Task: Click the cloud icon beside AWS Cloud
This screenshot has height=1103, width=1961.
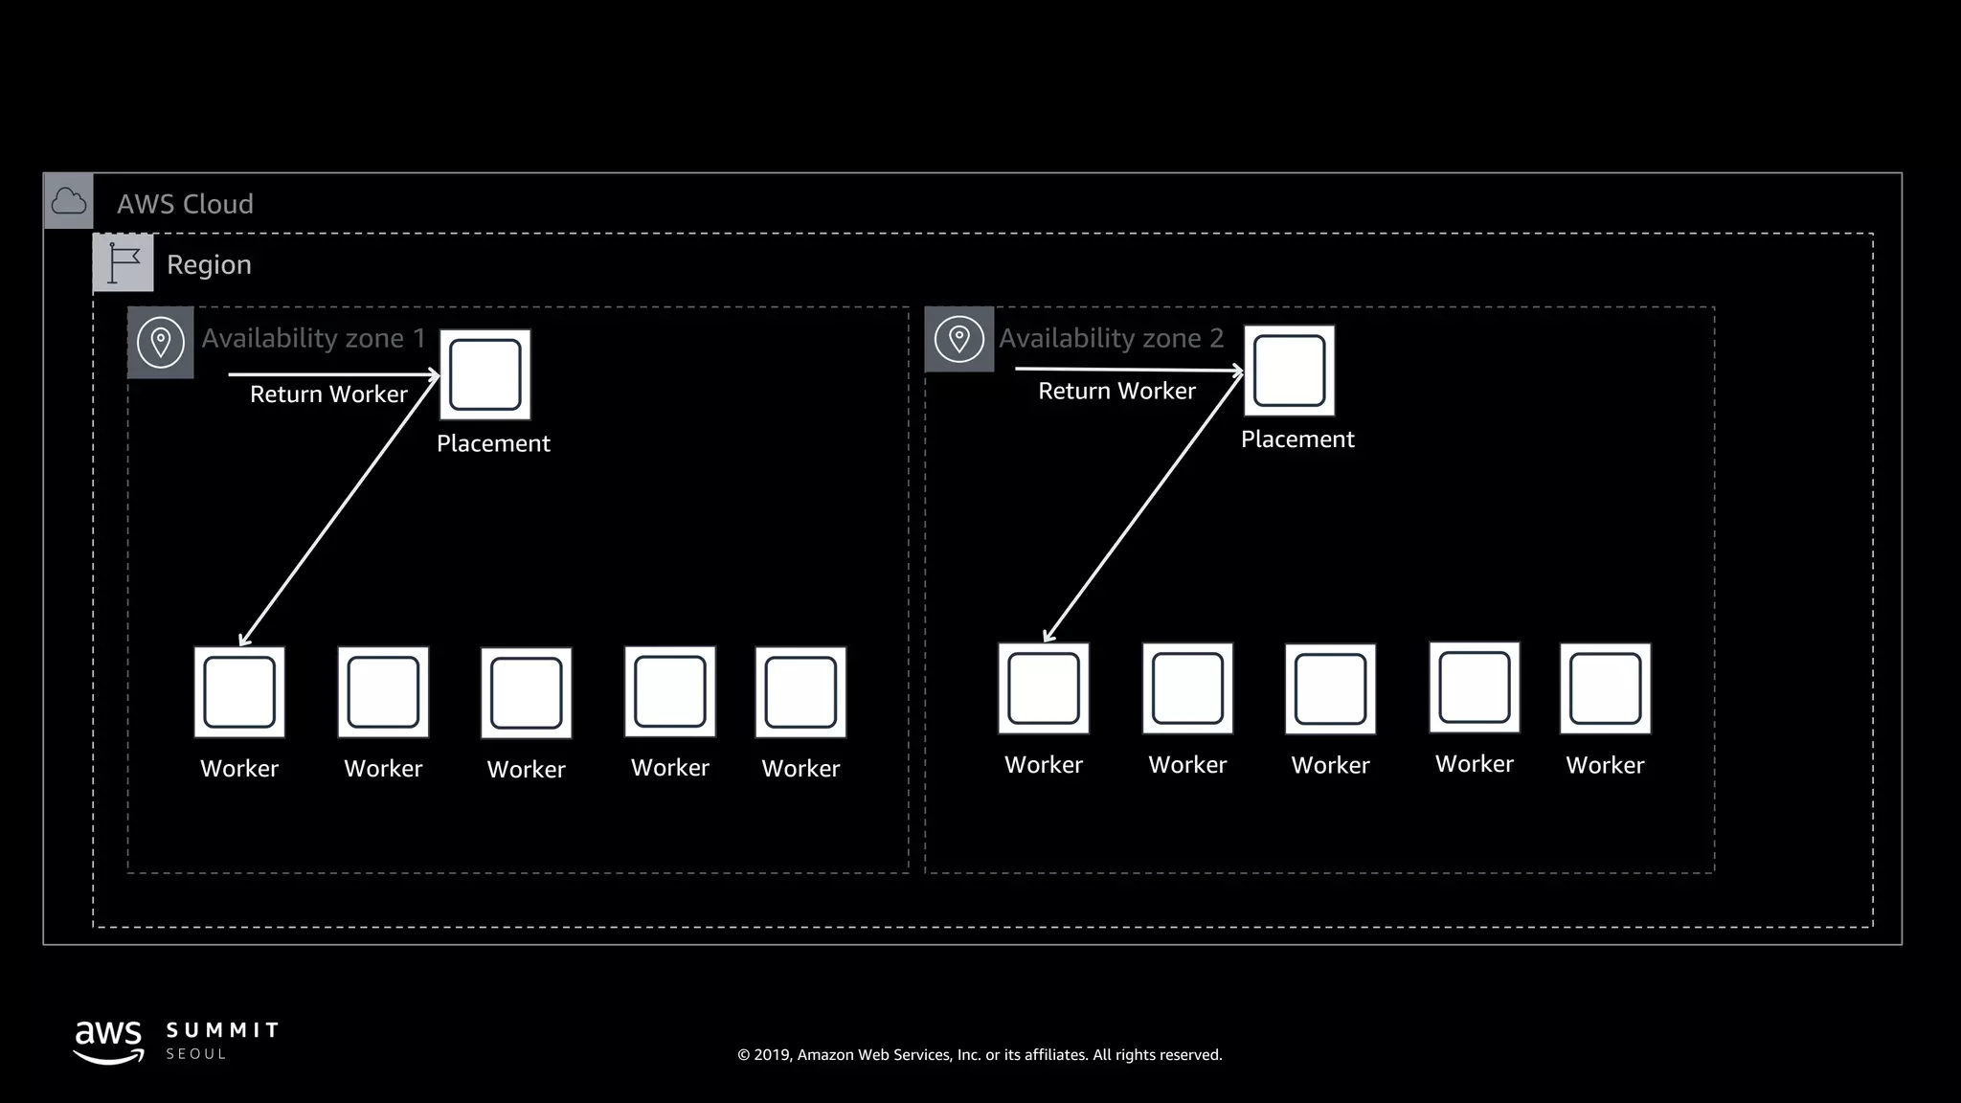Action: pos(69,201)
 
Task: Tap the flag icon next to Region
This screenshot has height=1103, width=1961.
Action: pos(124,263)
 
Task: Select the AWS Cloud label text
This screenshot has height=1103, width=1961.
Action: pos(185,204)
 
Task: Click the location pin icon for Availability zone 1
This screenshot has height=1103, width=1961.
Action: pos(161,342)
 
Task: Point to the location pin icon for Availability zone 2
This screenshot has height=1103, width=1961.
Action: pos(958,339)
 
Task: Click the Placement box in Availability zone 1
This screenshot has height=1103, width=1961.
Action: pos(485,374)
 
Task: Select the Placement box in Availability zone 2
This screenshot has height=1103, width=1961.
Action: pos(1289,371)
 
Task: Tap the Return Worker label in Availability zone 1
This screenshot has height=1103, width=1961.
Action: pos(328,394)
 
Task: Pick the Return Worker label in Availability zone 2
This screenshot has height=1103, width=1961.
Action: pos(1116,391)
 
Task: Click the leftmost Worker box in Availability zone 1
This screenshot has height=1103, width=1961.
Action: pos(239,692)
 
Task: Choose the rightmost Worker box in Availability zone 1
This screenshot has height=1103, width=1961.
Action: pos(800,692)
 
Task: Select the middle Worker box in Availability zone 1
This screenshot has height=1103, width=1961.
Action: pos(526,693)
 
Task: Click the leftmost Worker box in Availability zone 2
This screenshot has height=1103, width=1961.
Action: pos(1044,688)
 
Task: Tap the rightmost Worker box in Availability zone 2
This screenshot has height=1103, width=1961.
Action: pos(1605,688)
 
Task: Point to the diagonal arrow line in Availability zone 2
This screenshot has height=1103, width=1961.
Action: pos(1143,506)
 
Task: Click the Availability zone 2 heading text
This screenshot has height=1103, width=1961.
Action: pos(1111,338)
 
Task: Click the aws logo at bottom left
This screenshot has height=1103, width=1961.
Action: pos(108,1041)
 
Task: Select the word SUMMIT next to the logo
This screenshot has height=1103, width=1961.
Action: pos(222,1030)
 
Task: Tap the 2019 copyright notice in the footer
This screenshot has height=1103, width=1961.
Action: pos(980,1055)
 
